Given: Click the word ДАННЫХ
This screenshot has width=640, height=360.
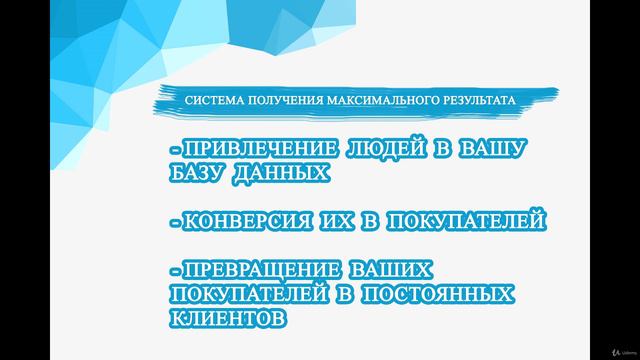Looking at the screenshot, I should pyautogui.click(x=285, y=173).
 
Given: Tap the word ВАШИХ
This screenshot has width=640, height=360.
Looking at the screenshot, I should pyautogui.click(x=393, y=271).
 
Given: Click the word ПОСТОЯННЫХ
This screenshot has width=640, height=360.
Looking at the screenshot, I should pyautogui.click(x=436, y=295).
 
